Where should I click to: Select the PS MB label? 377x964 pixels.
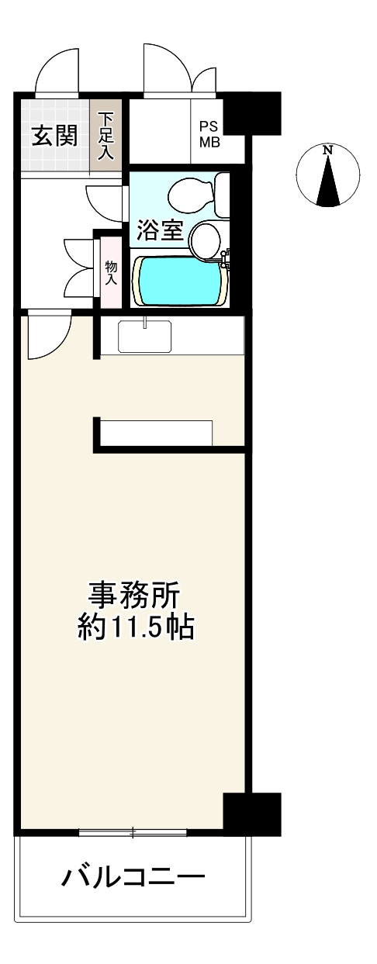pyautogui.click(x=210, y=134)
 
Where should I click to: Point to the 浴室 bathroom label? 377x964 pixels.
pyautogui.click(x=161, y=230)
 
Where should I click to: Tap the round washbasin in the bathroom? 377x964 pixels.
pyautogui.click(x=207, y=239)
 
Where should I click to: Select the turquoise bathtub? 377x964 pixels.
pyautogui.click(x=181, y=281)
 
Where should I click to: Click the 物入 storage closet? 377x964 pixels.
pyautogui.click(x=111, y=271)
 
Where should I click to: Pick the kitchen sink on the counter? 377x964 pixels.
pyautogui.click(x=146, y=335)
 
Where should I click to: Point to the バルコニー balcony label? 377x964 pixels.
pyautogui.click(x=133, y=878)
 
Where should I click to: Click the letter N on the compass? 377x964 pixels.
pyautogui.click(x=328, y=149)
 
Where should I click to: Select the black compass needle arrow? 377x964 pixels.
pyautogui.click(x=329, y=182)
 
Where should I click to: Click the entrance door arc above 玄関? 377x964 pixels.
pyautogui.click(x=60, y=74)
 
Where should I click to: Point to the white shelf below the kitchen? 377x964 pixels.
pyautogui.click(x=156, y=432)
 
